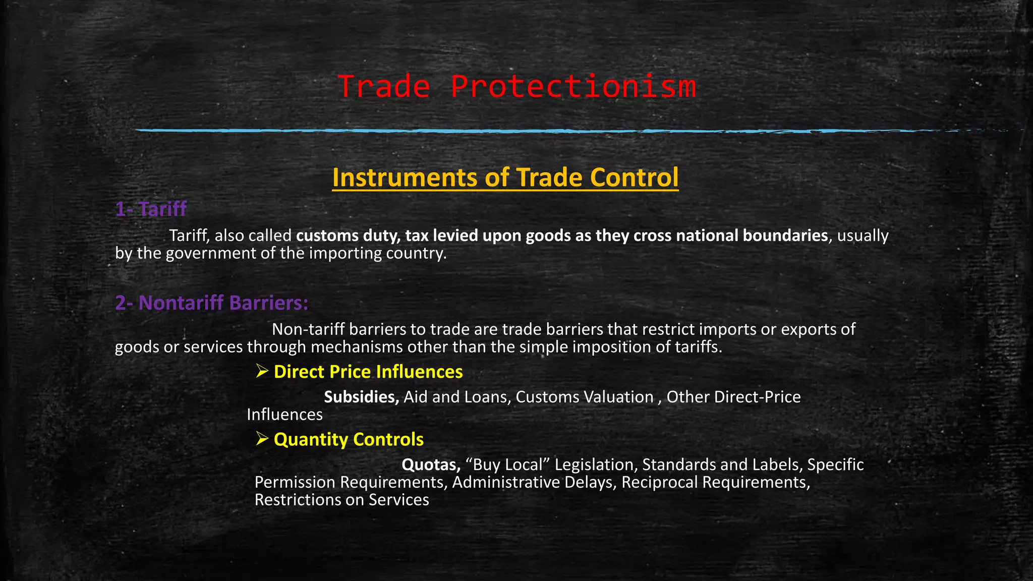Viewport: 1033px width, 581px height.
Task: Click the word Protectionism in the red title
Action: [x=573, y=87]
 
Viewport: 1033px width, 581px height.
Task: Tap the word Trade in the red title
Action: [x=384, y=87]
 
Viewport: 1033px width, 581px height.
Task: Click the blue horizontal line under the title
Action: [x=504, y=131]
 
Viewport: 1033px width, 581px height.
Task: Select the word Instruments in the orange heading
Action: [x=405, y=178]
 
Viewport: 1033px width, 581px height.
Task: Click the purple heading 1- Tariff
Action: [x=151, y=209]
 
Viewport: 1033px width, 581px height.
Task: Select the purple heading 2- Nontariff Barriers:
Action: [x=211, y=303]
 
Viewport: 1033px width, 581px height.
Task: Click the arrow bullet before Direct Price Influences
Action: [x=262, y=372]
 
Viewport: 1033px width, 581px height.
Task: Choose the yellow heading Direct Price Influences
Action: [x=368, y=372]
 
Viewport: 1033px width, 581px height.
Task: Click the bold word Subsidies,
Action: [x=361, y=397]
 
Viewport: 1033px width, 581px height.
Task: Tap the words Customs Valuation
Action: [x=584, y=397]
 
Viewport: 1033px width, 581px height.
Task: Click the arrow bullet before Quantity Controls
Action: [x=262, y=439]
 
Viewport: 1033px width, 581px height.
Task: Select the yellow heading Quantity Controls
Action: [x=348, y=440]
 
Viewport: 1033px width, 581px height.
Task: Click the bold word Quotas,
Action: [x=431, y=464]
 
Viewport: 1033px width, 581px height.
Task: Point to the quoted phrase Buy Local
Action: [x=507, y=464]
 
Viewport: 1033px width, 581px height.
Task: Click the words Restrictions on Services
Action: [x=341, y=500]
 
